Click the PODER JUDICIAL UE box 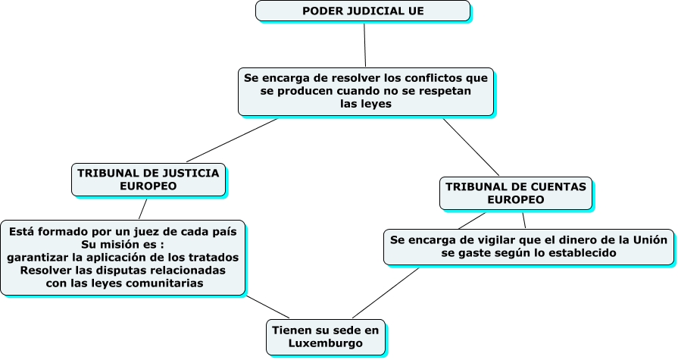362,11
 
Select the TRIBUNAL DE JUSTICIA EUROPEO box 148,180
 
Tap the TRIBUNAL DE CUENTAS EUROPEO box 515,193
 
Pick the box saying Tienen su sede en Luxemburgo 325,337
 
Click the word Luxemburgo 325,343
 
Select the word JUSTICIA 186,173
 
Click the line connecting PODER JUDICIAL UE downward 364,44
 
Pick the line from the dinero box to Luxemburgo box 385,293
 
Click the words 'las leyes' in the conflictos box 366,104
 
